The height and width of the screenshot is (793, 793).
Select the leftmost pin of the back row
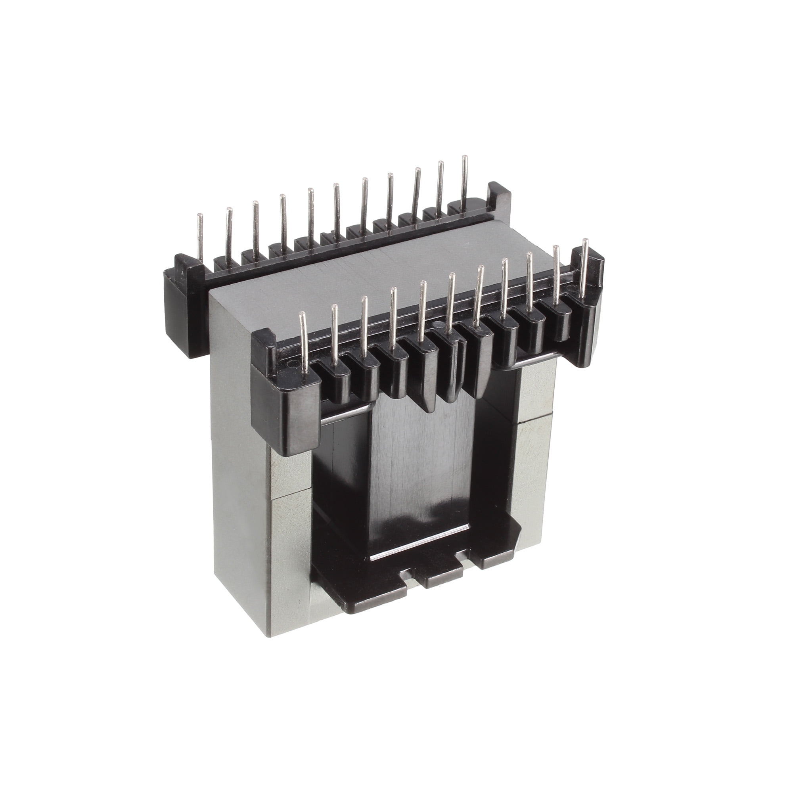click(x=200, y=234)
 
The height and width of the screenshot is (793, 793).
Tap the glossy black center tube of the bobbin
click(x=415, y=472)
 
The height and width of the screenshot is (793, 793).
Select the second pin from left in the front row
click(x=334, y=333)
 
